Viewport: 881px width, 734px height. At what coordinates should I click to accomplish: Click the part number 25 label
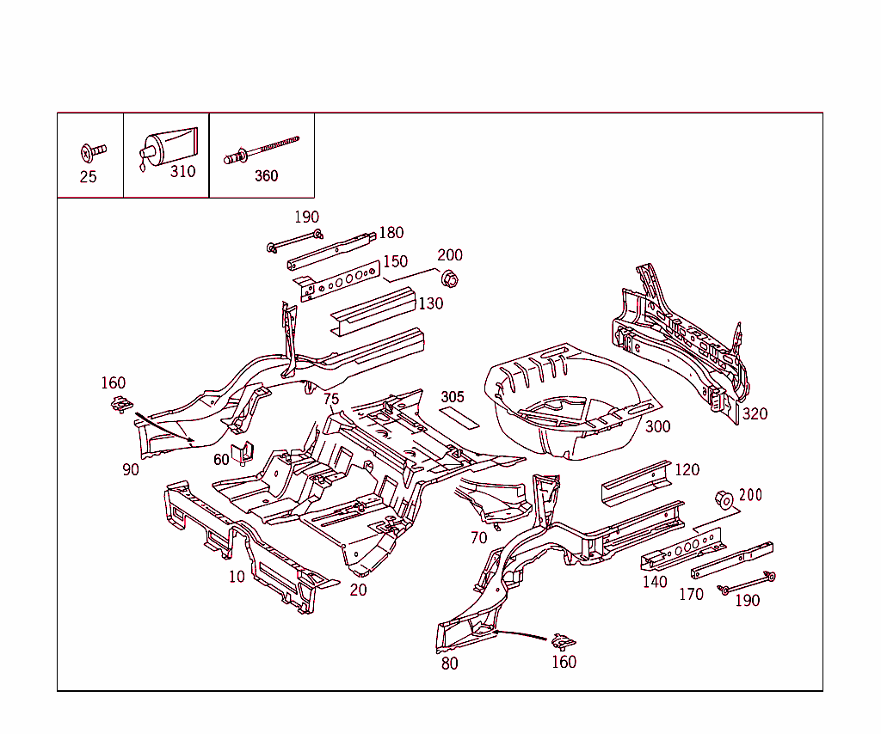(x=88, y=177)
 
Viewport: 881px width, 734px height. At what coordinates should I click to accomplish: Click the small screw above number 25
(x=92, y=152)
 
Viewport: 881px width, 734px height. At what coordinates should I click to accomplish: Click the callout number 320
(x=755, y=413)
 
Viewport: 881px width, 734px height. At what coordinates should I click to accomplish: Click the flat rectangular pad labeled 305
(x=459, y=416)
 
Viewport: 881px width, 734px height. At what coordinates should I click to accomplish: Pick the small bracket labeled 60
(x=243, y=451)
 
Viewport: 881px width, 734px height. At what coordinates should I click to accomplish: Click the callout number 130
(x=431, y=303)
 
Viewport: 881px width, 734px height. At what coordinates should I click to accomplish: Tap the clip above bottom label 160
(x=564, y=640)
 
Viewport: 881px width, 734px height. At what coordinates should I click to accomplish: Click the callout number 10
(x=237, y=577)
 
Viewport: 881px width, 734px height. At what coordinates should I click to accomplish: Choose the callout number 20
(x=358, y=590)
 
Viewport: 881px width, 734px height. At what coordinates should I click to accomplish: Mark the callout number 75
(x=331, y=399)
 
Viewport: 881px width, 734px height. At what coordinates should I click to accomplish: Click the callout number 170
(x=691, y=594)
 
